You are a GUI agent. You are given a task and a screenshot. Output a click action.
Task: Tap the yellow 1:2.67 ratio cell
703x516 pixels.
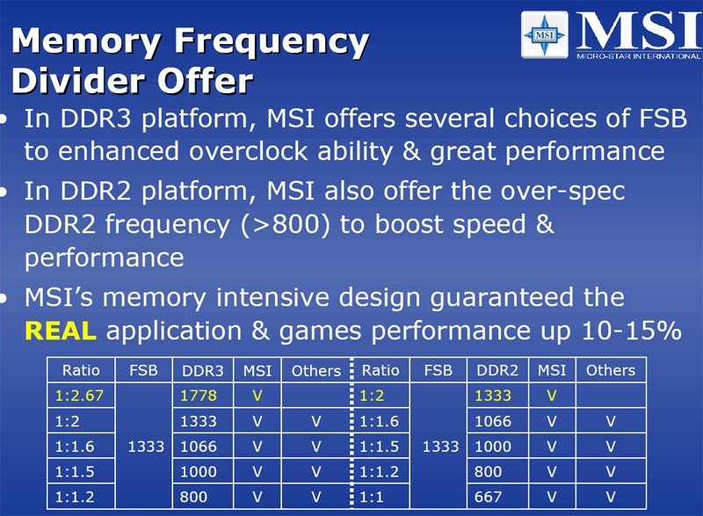coord(79,396)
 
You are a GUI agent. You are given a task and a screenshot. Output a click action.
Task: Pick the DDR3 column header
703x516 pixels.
coord(203,370)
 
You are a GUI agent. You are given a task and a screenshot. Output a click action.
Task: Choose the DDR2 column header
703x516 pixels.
coord(497,370)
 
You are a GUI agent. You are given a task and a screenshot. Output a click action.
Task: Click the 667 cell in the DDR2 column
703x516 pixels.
coord(488,497)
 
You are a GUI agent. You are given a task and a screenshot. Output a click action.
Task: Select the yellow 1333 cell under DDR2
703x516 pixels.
coord(493,396)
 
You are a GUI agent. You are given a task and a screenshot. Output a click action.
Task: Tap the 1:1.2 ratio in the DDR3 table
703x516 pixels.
coord(74,497)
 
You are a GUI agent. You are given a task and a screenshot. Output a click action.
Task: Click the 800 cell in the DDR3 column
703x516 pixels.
coord(192,497)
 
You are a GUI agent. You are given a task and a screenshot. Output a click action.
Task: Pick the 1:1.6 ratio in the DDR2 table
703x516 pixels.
coord(380,421)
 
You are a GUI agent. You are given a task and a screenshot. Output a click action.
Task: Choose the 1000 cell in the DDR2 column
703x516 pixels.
coord(493,447)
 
